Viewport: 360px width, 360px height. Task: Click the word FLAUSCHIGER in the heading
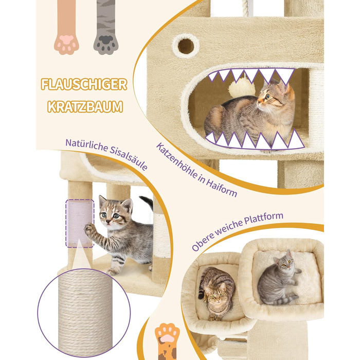click(x=84, y=84)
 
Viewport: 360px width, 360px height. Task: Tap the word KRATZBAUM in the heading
click(x=85, y=107)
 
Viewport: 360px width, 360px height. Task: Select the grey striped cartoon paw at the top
click(x=106, y=28)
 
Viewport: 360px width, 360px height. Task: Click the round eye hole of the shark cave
click(x=186, y=46)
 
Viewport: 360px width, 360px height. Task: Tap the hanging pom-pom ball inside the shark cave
click(x=242, y=87)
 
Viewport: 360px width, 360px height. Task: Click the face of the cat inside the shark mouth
click(x=267, y=98)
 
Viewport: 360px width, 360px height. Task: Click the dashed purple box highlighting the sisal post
click(x=80, y=224)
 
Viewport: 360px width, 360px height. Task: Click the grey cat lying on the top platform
click(x=279, y=281)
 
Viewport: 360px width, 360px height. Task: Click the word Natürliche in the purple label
click(x=86, y=145)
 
